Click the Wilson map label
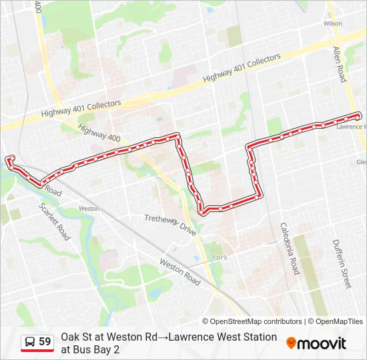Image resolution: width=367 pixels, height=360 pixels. click(332, 23)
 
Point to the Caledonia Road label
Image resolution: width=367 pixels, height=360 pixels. click(290, 249)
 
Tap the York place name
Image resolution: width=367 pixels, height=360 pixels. click(220, 257)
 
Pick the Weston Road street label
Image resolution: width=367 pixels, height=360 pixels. click(179, 272)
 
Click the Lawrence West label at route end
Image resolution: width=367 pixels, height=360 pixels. click(350, 126)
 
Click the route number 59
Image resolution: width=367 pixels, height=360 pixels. click(45, 342)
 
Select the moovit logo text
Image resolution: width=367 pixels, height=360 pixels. click(322, 343)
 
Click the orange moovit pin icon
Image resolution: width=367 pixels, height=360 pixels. click(291, 343)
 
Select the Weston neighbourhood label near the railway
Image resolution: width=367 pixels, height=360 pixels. click(88, 209)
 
